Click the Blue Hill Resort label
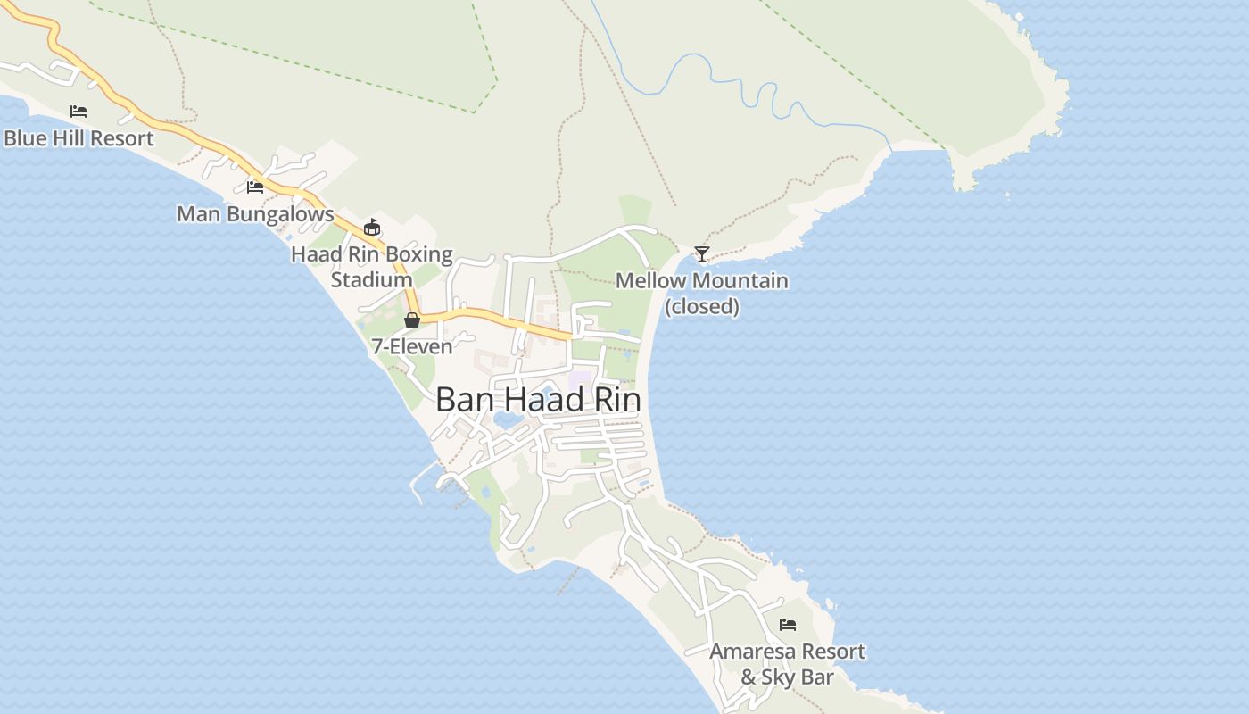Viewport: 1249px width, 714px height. point(79,138)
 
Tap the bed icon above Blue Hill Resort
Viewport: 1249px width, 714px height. point(79,112)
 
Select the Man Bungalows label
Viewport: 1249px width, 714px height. point(255,214)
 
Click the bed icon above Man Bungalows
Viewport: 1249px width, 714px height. point(255,187)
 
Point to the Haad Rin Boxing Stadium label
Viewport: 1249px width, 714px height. point(372,267)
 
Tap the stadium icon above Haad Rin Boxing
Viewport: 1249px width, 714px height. point(372,227)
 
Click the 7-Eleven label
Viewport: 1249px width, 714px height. point(412,346)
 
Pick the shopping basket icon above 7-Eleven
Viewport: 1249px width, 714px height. point(412,320)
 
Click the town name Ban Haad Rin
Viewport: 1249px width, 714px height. point(538,400)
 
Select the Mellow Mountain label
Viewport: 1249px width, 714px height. point(702,281)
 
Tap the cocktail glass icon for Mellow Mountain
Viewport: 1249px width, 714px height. point(702,254)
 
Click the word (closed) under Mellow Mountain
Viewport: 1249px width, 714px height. point(702,307)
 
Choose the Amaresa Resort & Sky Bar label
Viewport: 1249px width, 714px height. point(787,664)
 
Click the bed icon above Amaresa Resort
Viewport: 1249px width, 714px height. point(787,625)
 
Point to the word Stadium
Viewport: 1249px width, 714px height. point(372,280)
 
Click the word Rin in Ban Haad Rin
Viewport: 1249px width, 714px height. point(617,400)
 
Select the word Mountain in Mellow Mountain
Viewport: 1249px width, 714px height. point(740,281)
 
